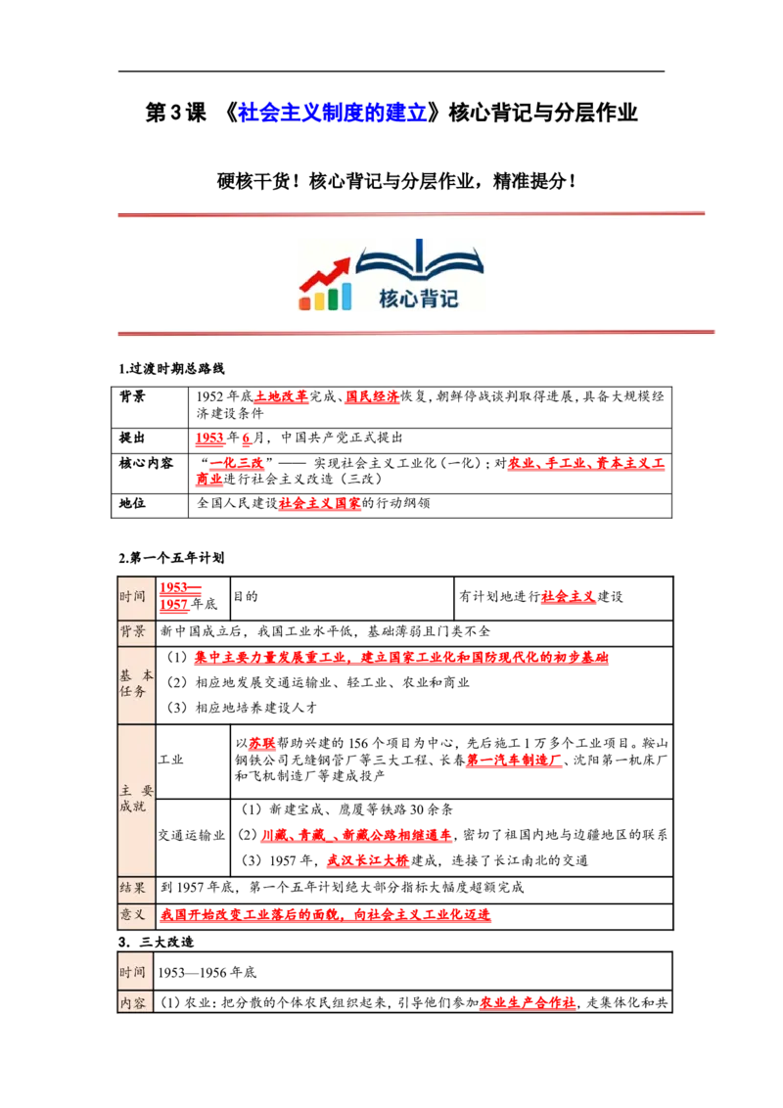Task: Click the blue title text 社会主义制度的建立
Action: coord(332,113)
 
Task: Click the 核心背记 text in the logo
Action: coord(418,299)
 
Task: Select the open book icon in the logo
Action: coord(419,258)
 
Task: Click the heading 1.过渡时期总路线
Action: coord(171,368)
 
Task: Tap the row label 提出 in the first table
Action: coord(131,439)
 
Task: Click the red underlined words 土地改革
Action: coord(281,396)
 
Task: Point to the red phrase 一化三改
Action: coord(237,463)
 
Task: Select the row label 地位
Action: coord(131,503)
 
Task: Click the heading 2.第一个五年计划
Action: coord(171,558)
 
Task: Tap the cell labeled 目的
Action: coord(246,596)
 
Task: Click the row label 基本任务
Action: coord(136,683)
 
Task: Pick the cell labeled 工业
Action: coord(170,760)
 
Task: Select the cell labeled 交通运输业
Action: coord(192,835)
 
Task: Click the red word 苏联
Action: coord(261,743)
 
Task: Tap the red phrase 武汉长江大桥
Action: coord(367,860)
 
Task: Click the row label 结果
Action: coord(132,888)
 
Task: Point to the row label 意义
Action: coord(132,914)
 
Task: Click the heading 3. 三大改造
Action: coord(156,942)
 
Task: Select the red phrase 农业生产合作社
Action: coord(528,1002)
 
